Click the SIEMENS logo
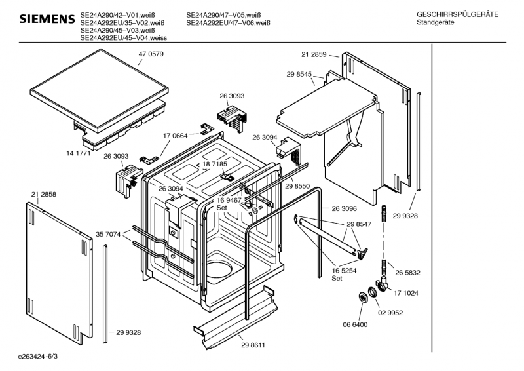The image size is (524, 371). click(47, 19)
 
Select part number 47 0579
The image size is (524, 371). click(151, 54)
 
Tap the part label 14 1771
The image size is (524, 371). click(79, 153)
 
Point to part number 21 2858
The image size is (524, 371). click(44, 195)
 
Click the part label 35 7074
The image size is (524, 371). click(108, 235)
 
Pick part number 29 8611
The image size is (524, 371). click(253, 345)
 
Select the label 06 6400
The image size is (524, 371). click(355, 324)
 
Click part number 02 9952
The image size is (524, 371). click(390, 313)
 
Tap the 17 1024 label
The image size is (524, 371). click(406, 293)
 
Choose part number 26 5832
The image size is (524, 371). click(407, 273)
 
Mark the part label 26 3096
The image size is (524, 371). click(345, 208)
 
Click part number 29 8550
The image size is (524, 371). click(297, 186)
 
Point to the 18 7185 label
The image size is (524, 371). click(215, 164)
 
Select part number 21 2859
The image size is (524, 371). click(314, 54)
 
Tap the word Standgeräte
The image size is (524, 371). click(436, 22)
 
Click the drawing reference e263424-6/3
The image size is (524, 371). click(38, 357)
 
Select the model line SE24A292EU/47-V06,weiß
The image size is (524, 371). click(228, 23)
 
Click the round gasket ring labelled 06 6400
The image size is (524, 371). click(362, 297)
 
